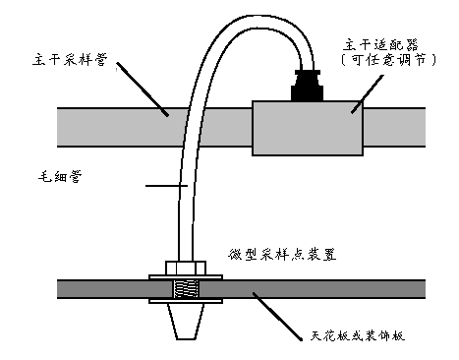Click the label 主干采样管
point(70,60)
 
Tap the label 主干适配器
point(380,45)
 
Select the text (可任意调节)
point(389,59)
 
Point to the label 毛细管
point(60,177)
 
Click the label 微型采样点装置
point(282,254)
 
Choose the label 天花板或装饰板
point(357,335)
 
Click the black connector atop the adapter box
point(307,86)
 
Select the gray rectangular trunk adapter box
point(308,128)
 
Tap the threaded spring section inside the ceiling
point(186,289)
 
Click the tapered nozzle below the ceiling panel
point(186,322)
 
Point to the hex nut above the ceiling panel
point(186,268)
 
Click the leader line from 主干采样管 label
point(143,89)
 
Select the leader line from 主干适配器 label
point(368,94)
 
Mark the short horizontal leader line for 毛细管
point(166,186)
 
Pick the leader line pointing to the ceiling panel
point(277,316)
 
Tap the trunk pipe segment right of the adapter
point(394,127)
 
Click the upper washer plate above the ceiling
point(186,277)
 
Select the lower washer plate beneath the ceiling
point(186,301)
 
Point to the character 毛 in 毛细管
point(45,177)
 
